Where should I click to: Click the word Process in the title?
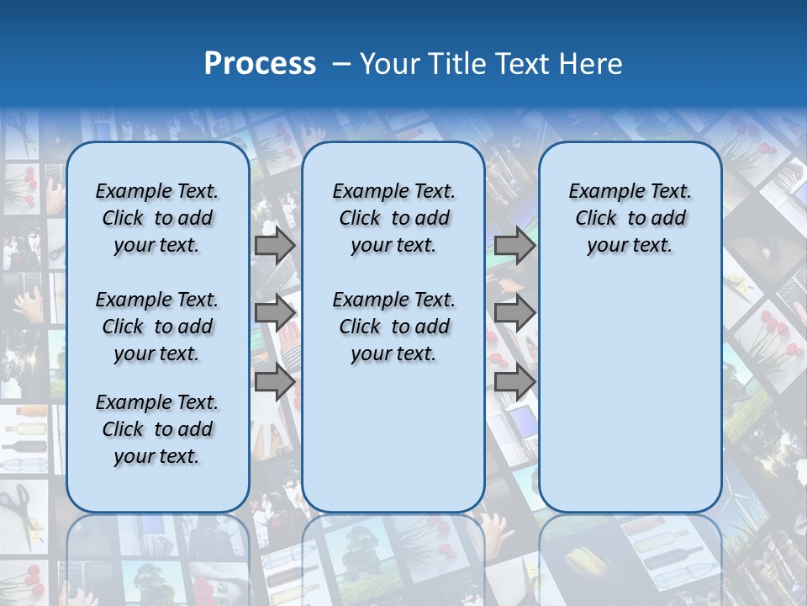[x=260, y=64]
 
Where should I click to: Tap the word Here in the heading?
[x=588, y=64]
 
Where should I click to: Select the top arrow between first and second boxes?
[x=275, y=245]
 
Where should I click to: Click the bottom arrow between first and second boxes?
[x=275, y=381]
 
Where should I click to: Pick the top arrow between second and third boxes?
[x=514, y=245]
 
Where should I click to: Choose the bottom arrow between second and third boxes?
[x=514, y=381]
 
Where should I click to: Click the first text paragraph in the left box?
[x=157, y=218]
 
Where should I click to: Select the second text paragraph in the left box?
[x=157, y=327]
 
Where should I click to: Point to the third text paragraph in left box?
[x=157, y=429]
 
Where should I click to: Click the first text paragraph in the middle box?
[x=393, y=218]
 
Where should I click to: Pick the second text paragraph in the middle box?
[x=393, y=327]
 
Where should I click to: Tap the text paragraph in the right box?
[x=630, y=218]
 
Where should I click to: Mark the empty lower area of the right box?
[x=630, y=387]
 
